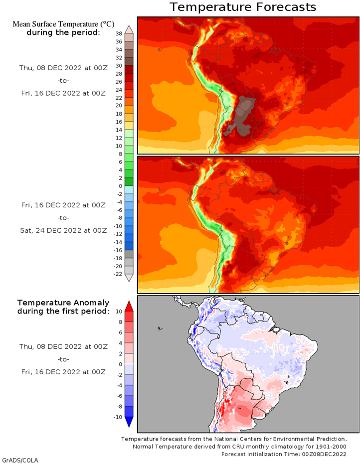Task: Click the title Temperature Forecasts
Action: (x=243, y=7)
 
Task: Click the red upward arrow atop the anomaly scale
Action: (x=129, y=306)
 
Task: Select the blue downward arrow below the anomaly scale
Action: (x=129, y=422)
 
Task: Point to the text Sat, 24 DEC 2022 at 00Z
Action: (x=63, y=230)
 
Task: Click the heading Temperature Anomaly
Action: (x=63, y=303)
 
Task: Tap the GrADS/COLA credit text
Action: (x=20, y=460)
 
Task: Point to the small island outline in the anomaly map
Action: (x=159, y=328)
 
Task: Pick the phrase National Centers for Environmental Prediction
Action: (x=271, y=439)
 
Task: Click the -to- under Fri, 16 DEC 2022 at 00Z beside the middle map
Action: (x=63, y=217)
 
